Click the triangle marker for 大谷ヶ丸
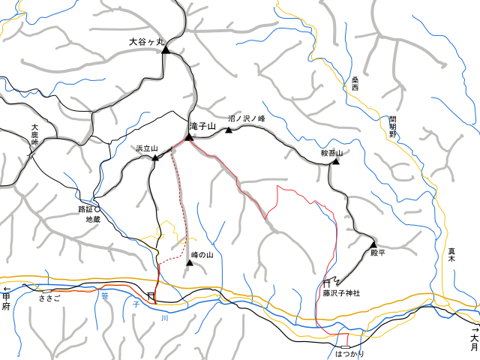[166, 51]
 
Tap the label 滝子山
[202, 127]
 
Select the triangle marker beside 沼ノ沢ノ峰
[229, 130]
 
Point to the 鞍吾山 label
[331, 153]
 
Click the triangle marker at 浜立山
[154, 158]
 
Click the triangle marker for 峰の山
[190, 262]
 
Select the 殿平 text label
[378, 253]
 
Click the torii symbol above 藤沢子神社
[326, 283]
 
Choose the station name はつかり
[349, 352]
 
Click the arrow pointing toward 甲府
[7, 289]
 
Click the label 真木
[452, 256]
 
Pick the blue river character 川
[164, 319]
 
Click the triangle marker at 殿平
[373, 244]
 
